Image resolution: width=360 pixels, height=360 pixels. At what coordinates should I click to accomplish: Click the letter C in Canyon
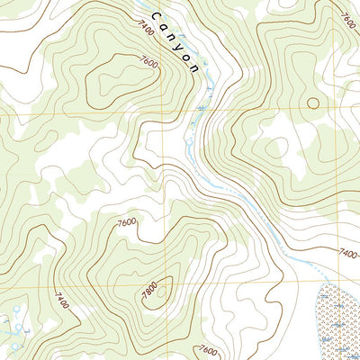(157, 17)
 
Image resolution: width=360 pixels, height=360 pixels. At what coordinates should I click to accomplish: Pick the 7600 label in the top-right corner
(348, 17)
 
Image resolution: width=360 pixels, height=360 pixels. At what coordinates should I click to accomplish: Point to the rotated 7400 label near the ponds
(59, 296)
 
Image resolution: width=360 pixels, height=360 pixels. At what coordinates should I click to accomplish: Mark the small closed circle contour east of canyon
(313, 102)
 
